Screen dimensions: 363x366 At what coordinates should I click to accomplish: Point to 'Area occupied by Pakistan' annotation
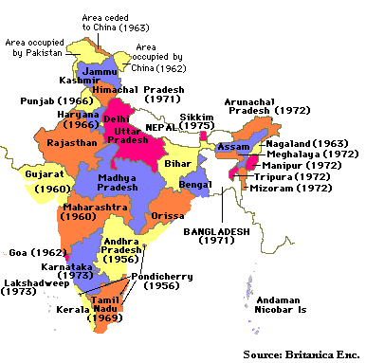42,48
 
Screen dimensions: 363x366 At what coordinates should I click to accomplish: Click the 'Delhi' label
116,120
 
